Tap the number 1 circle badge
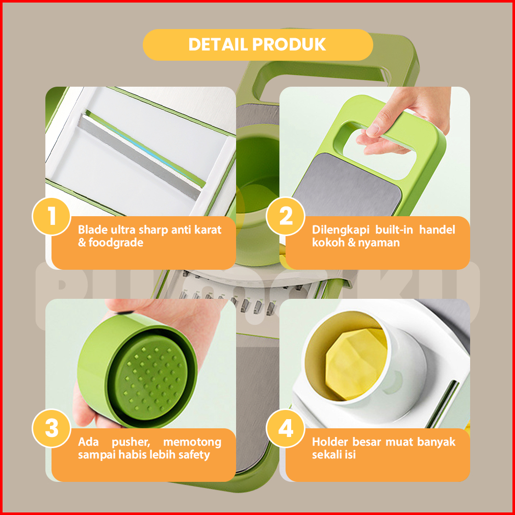point(51,216)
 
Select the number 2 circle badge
point(286,216)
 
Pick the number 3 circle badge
point(51,428)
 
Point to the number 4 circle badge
point(286,428)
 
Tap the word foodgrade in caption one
point(116,243)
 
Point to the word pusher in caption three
point(131,442)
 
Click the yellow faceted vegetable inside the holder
point(356,364)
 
